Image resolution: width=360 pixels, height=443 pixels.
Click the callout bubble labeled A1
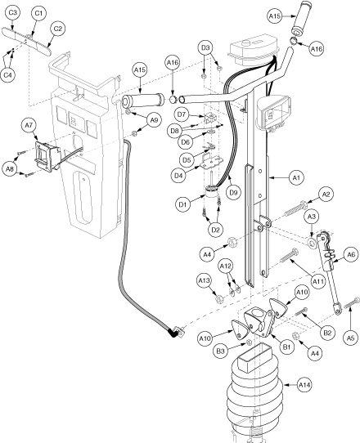coord(296,178)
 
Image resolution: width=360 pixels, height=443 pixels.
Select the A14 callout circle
coord(305,385)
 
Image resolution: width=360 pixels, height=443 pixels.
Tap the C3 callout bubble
coord(13,13)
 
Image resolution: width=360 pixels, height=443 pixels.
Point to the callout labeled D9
coord(233,192)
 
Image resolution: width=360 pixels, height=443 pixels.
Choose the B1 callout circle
coord(286,347)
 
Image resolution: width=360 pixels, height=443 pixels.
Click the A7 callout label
coord(29,126)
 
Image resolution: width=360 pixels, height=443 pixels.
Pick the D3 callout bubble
coord(206,48)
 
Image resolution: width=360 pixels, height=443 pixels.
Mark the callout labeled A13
coord(205,280)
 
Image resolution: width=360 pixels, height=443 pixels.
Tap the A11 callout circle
coord(318,282)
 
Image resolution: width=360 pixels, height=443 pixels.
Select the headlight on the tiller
coord(273,112)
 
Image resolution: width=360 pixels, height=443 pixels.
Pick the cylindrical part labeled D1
coord(212,192)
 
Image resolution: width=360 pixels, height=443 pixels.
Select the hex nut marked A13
coord(219,299)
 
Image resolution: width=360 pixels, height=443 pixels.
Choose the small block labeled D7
coord(209,118)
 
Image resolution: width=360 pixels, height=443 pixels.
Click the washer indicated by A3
coord(312,243)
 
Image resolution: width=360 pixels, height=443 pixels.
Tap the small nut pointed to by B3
coord(250,342)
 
